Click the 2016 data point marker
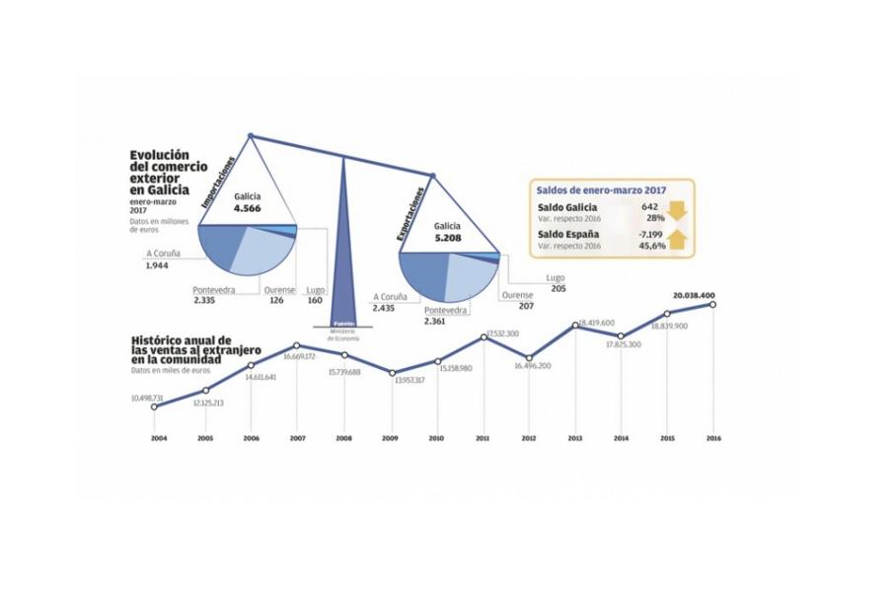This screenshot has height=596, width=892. pos(712,305)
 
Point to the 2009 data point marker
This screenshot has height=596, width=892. pos(392,373)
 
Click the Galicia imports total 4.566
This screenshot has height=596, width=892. pos(247,207)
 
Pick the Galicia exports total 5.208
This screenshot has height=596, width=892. pos(447,237)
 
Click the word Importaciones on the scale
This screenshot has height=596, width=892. pos(220,181)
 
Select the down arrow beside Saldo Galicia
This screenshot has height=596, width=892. pos(676,211)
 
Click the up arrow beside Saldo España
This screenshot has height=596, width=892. pos(676,238)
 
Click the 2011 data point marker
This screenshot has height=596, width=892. pos(484,337)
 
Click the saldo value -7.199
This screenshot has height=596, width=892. pos(648,233)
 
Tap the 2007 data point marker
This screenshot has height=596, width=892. pos(297,346)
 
